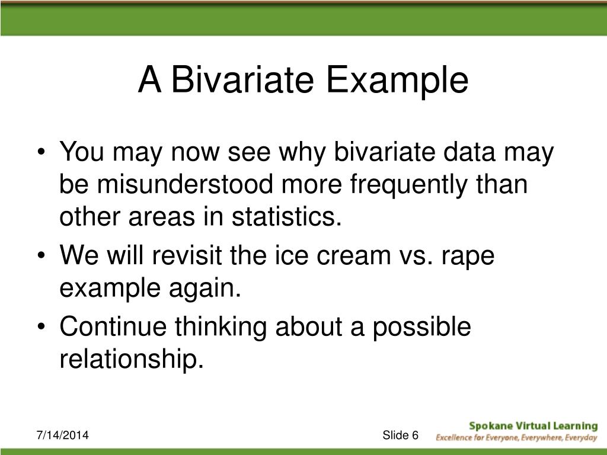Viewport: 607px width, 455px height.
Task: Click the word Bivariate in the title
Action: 242,79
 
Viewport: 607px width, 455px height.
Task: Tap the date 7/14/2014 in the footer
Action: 62,435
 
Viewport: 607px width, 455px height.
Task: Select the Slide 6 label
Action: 401,435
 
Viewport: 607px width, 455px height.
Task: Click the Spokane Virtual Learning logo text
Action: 533,426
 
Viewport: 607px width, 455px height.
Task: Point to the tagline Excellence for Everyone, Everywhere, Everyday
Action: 517,438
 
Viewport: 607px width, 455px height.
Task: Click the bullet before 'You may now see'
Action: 41,152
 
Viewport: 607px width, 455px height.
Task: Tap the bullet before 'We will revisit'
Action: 41,256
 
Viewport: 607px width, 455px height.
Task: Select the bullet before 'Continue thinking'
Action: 41,327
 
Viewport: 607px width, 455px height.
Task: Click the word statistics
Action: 287,216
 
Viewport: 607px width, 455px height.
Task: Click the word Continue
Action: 113,326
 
